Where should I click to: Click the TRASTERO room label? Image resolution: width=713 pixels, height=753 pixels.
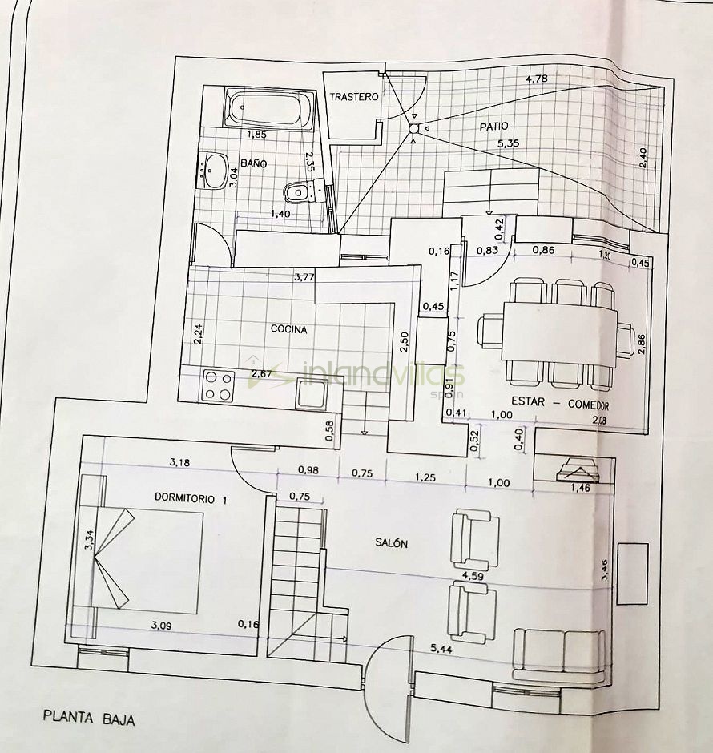coord(354,96)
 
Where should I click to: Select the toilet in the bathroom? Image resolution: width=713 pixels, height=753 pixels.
coord(304,191)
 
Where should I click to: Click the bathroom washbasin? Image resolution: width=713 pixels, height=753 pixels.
coord(214,171)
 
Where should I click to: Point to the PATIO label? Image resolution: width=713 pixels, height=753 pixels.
coord(493,127)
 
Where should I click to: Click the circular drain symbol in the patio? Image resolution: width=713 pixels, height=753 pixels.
coord(413,129)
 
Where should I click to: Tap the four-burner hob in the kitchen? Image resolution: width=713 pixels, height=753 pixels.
coord(219,386)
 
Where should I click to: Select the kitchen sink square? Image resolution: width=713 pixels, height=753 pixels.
coord(311,393)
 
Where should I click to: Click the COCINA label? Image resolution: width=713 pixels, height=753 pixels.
coord(288,329)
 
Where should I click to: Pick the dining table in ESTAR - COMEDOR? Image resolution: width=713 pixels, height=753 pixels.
coord(560,334)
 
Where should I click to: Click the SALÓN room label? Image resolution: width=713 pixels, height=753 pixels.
coord(391,543)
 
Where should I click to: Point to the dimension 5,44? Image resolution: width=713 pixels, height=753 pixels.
coord(441,649)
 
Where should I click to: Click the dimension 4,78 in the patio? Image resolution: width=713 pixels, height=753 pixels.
coord(536,79)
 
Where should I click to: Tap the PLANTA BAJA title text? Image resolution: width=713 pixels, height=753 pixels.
coord(89,718)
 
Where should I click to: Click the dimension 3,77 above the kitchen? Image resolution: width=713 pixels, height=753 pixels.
coord(304,276)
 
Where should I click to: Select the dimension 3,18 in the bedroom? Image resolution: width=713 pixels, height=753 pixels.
coord(179,463)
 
